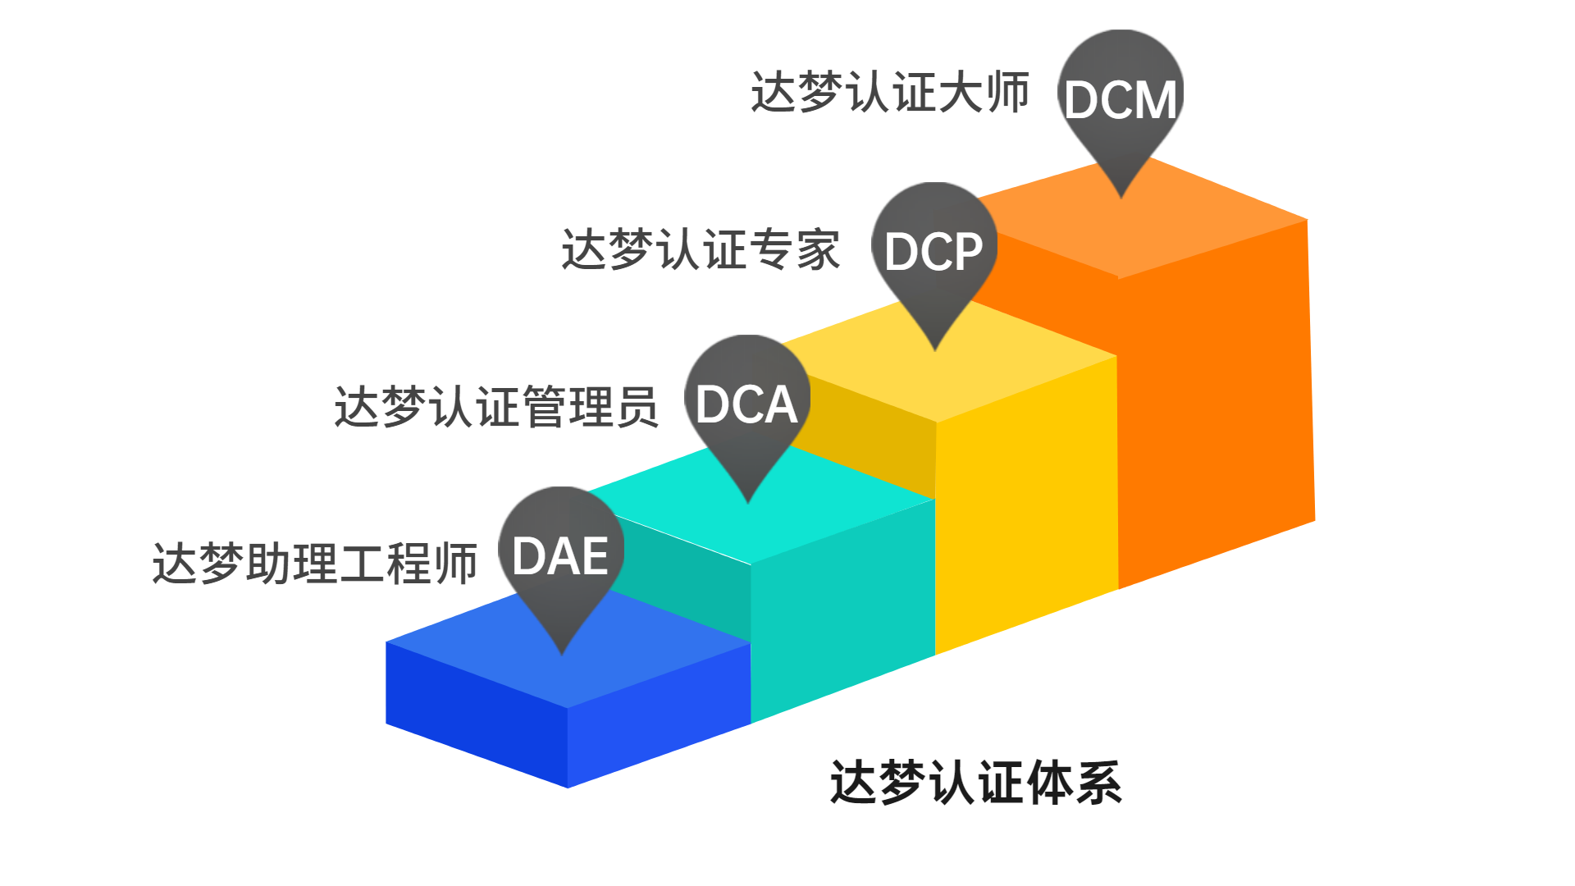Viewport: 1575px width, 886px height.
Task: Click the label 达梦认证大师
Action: coord(890,92)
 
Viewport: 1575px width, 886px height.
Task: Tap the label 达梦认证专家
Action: coord(701,249)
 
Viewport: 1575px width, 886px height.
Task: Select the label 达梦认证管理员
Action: coord(496,406)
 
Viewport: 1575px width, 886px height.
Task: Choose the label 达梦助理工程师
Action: coord(315,564)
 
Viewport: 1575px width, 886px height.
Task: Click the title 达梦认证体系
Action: coord(975,782)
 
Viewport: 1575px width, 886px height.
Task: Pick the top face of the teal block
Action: coord(787,517)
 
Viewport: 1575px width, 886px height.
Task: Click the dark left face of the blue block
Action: coord(476,714)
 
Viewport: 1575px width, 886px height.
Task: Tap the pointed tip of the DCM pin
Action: coord(1121,195)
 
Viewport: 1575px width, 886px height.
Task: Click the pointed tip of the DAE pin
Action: coord(562,652)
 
